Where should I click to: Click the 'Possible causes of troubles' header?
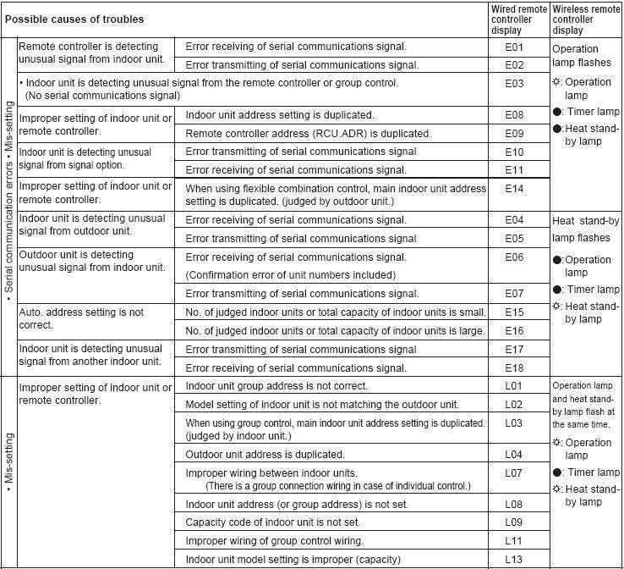point(74,19)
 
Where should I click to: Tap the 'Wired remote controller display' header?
point(518,19)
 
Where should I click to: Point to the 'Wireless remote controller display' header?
point(585,19)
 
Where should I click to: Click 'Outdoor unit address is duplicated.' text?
point(265,455)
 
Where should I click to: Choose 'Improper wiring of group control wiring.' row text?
point(274,541)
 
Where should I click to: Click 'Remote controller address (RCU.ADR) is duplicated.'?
point(308,134)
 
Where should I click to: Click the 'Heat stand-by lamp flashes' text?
point(585,229)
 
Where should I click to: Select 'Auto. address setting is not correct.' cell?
point(81,318)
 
